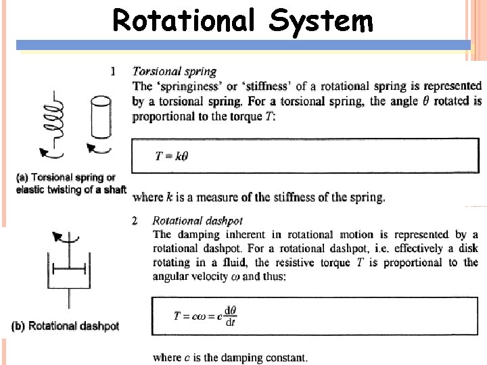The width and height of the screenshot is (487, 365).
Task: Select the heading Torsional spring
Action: pos(175,71)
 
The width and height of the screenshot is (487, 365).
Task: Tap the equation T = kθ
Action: pos(172,156)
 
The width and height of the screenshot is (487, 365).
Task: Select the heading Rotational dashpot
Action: pos(198,220)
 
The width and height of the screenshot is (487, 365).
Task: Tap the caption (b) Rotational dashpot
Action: pos(66,326)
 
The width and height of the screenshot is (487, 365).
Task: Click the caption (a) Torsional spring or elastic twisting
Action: pos(70,183)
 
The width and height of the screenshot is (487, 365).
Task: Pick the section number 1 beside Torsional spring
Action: pos(113,70)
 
